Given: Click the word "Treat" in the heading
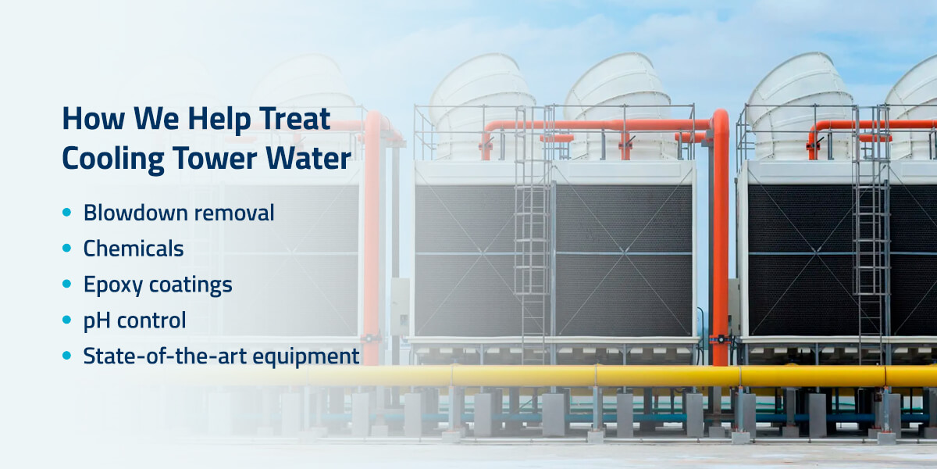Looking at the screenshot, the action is pyautogui.click(x=294, y=119).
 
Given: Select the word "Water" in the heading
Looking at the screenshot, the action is pyautogui.click(x=308, y=158).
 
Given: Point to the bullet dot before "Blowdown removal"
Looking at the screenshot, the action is pyautogui.click(x=66, y=213).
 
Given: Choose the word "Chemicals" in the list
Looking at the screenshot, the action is pyautogui.click(x=134, y=249).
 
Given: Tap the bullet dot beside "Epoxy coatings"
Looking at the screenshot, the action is pyautogui.click(x=66, y=284).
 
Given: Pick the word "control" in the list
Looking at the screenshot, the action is pyautogui.click(x=151, y=320).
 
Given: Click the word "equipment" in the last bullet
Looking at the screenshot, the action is pyautogui.click(x=306, y=356).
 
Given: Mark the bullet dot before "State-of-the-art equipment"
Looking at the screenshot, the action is pyautogui.click(x=66, y=356).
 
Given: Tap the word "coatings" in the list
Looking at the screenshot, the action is pyautogui.click(x=191, y=285).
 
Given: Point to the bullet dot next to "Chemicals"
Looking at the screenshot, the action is pyautogui.click(x=66, y=248).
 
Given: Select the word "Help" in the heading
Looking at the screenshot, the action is pyautogui.click(x=219, y=120).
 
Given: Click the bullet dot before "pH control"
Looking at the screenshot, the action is pyautogui.click(x=66, y=320).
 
